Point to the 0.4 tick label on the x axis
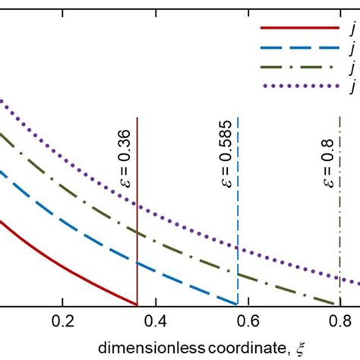click(156, 321)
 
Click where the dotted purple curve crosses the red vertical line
click(137, 205)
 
